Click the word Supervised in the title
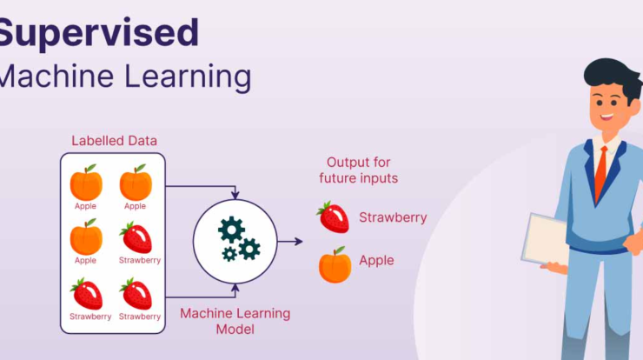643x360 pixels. click(98, 34)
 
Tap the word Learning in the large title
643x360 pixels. click(188, 77)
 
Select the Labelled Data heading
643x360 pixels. click(114, 141)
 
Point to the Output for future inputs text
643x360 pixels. click(358, 170)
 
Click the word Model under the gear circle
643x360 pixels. click(235, 330)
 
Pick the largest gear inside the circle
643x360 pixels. click(231, 230)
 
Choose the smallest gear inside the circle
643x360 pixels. click(229, 254)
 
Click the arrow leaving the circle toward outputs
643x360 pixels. click(290, 242)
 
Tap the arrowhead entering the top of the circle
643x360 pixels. click(235, 194)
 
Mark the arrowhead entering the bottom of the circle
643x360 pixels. click(235, 289)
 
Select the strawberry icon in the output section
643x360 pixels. click(333, 217)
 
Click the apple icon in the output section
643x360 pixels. click(335, 264)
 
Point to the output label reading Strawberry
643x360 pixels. click(393, 217)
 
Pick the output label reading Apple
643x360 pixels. click(376, 261)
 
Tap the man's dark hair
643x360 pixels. click(613, 77)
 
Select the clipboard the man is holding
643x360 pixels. click(545, 239)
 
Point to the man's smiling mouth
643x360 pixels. click(607, 117)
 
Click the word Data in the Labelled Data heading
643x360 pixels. click(143, 141)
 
